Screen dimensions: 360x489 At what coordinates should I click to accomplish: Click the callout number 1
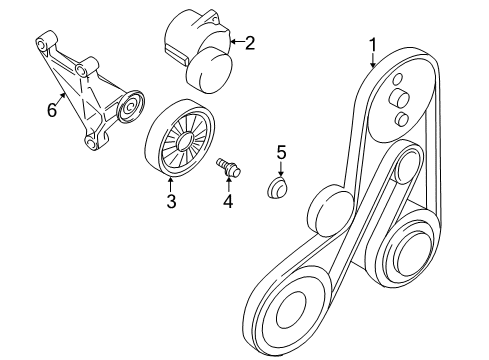pyautogui.click(x=373, y=44)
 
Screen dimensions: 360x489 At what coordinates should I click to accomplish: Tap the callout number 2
pyautogui.click(x=250, y=42)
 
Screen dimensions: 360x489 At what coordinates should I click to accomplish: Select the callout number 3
pyautogui.click(x=171, y=202)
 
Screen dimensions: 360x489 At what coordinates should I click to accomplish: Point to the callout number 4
pyautogui.click(x=228, y=202)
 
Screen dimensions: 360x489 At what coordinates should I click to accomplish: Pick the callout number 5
pyautogui.click(x=281, y=152)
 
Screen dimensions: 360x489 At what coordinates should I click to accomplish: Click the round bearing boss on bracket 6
pyautogui.click(x=129, y=107)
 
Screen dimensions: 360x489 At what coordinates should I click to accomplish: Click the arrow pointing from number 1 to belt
pyautogui.click(x=373, y=61)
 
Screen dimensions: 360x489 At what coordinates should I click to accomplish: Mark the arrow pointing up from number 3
pyautogui.click(x=171, y=184)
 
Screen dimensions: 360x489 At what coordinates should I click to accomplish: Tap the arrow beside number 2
pyautogui.click(x=234, y=42)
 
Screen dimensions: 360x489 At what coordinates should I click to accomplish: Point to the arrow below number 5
pyautogui.click(x=281, y=170)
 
